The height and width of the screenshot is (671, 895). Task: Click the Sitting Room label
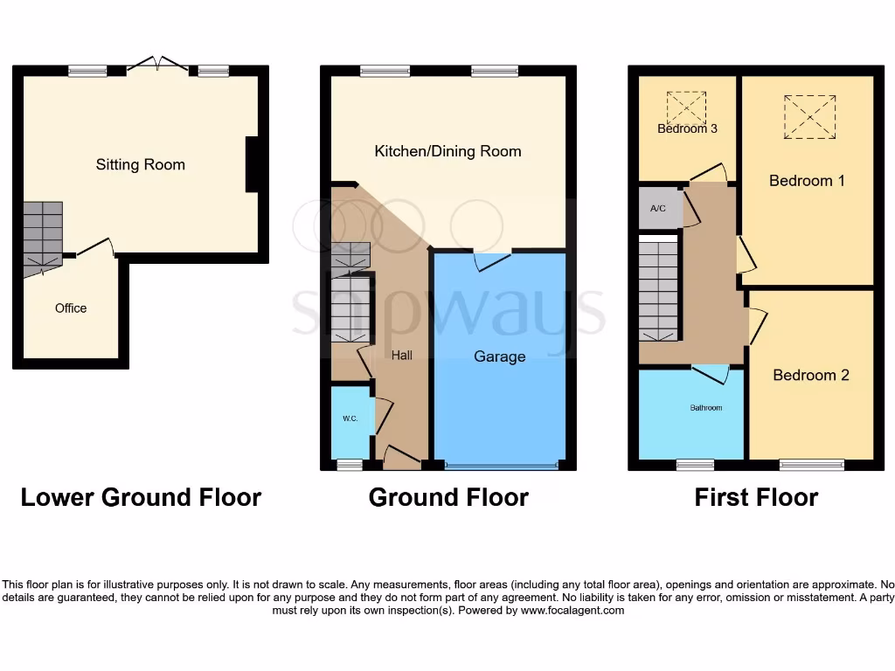(x=140, y=164)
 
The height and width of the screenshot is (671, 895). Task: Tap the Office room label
(x=71, y=308)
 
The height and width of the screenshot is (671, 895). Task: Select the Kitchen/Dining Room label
(x=447, y=151)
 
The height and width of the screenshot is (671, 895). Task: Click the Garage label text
(x=500, y=356)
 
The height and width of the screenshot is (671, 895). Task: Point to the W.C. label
(x=350, y=419)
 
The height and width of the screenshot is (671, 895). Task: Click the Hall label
(x=402, y=356)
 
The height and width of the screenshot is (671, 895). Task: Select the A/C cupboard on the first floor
(x=660, y=209)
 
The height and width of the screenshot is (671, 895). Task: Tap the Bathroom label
(x=705, y=408)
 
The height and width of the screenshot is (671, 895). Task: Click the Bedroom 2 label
(x=811, y=375)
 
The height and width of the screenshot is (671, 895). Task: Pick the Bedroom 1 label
(x=807, y=181)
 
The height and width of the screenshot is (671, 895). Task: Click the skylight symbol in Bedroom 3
(x=686, y=109)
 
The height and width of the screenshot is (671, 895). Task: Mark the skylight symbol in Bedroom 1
(x=809, y=116)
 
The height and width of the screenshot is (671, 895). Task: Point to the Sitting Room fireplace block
(x=253, y=164)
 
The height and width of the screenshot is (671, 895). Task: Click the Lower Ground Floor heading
(x=141, y=498)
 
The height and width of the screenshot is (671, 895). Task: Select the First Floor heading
(x=756, y=498)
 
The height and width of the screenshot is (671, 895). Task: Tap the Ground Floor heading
(x=448, y=498)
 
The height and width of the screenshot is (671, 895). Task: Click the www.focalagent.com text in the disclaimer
(x=572, y=611)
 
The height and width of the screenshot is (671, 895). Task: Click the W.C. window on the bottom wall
(x=350, y=465)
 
